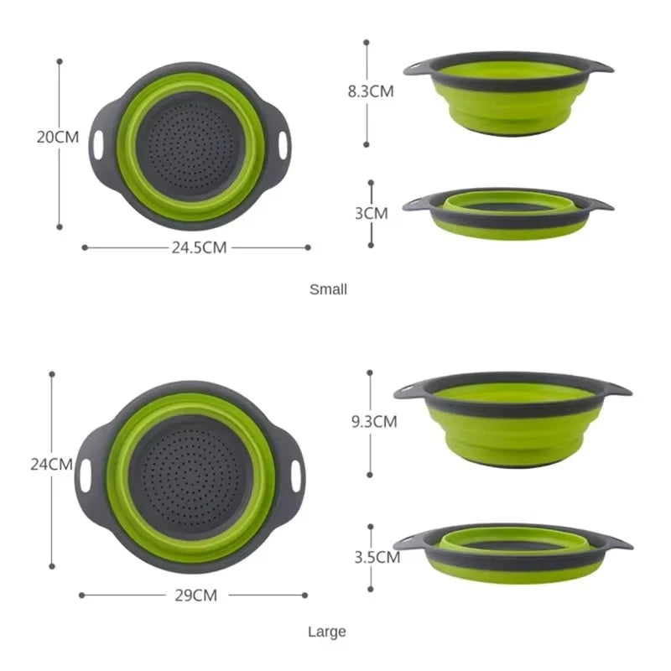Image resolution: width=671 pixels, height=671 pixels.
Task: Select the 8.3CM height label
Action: [x=371, y=92]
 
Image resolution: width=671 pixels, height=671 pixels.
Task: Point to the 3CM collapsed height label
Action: [x=371, y=213]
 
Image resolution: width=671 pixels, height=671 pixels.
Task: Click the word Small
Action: [x=328, y=289]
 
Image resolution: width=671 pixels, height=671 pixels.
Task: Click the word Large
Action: [x=326, y=632]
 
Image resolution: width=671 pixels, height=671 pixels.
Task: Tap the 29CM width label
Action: [x=195, y=596]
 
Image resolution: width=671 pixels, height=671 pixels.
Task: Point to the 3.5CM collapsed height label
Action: [x=375, y=556]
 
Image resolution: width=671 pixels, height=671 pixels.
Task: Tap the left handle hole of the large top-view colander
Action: [x=86, y=475]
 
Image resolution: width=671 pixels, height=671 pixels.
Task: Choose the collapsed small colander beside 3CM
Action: [x=507, y=213]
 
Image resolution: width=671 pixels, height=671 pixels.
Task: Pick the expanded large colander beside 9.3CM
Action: [x=512, y=419]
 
